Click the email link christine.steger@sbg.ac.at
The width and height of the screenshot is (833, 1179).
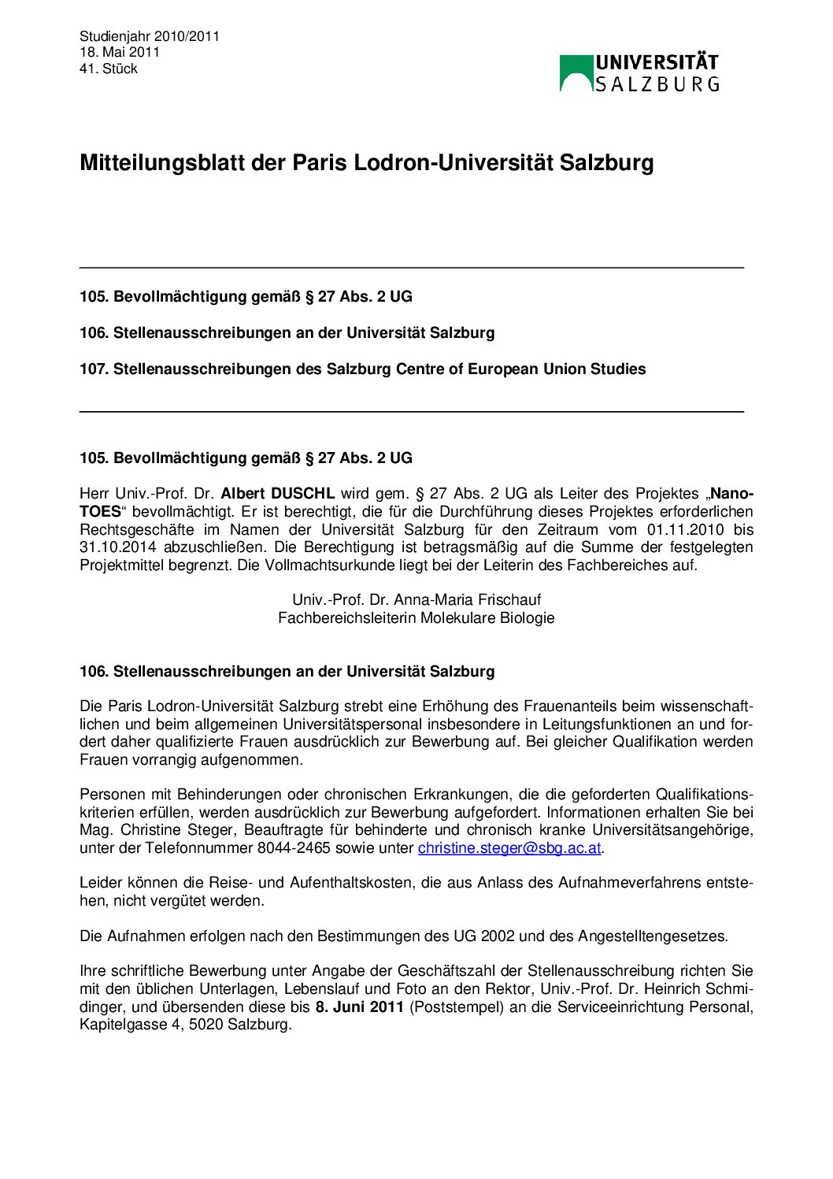point(509,848)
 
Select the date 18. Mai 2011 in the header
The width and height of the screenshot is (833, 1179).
point(120,52)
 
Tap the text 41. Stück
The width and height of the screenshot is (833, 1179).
point(109,69)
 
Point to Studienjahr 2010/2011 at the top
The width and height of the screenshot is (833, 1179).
point(150,36)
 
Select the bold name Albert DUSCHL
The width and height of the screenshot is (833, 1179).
point(277,494)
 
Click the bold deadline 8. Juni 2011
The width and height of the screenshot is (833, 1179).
point(359,1007)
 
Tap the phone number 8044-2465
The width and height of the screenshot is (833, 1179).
point(294,848)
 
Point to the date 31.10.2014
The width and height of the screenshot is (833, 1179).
point(118,547)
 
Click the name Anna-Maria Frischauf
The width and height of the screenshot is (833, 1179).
point(467,600)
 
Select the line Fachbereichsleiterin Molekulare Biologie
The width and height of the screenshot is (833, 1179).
point(416,618)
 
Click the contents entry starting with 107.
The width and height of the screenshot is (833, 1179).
point(362,369)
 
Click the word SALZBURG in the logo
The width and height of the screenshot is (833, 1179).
point(657,84)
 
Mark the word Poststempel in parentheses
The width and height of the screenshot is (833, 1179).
point(456,1007)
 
